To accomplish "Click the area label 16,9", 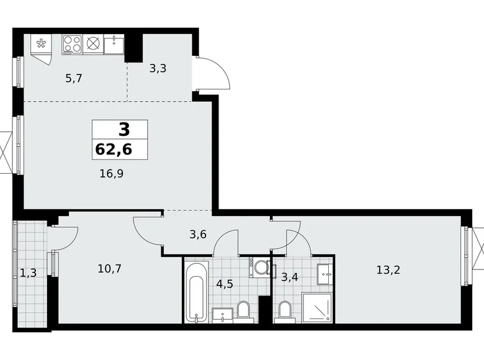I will [x=111, y=174].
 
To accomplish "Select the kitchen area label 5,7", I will [x=74, y=78].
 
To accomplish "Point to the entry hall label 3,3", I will [x=158, y=69].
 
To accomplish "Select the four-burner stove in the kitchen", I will [x=72, y=44].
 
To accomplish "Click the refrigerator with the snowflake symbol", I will [x=42, y=44].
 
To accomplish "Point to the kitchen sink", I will [x=114, y=44].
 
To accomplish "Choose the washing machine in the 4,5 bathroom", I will [x=259, y=268].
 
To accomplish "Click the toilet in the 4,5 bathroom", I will [x=244, y=308].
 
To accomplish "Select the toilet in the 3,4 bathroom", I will [x=285, y=308].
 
